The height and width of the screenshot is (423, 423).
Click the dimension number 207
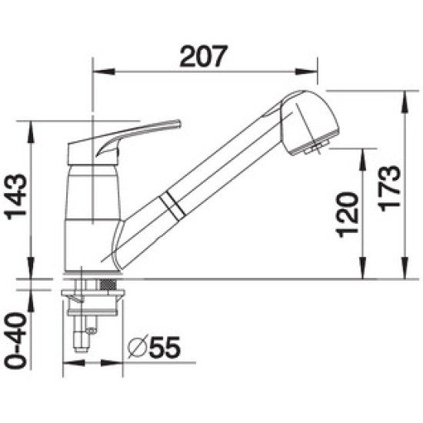204,56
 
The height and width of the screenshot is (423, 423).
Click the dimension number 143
15,197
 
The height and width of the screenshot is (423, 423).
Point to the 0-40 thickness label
15,341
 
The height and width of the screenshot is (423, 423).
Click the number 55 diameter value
165,348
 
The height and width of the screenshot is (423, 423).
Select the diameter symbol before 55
138,347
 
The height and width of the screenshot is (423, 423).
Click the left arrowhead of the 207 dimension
104,72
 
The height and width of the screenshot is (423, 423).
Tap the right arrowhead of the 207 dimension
306,72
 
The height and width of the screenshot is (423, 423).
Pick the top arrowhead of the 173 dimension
405,102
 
